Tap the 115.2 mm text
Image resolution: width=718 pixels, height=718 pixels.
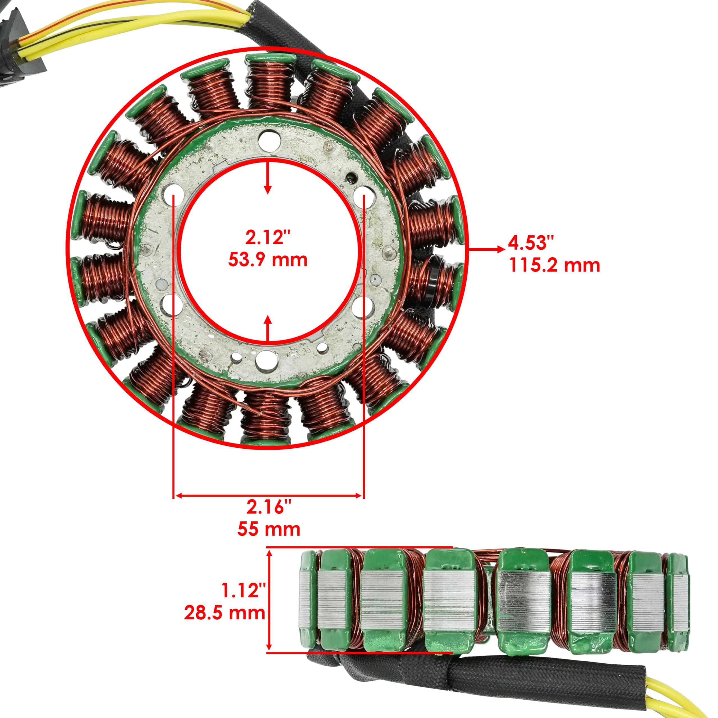coord(554,265)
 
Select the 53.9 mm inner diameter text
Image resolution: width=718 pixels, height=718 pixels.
coord(268,260)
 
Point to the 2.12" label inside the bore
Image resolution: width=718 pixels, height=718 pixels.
coord(268,237)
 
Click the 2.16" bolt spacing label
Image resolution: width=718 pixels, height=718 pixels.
coord(269,507)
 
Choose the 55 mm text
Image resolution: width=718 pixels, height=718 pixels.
coord(269,529)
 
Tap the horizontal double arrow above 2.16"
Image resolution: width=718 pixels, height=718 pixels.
coord(268,495)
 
